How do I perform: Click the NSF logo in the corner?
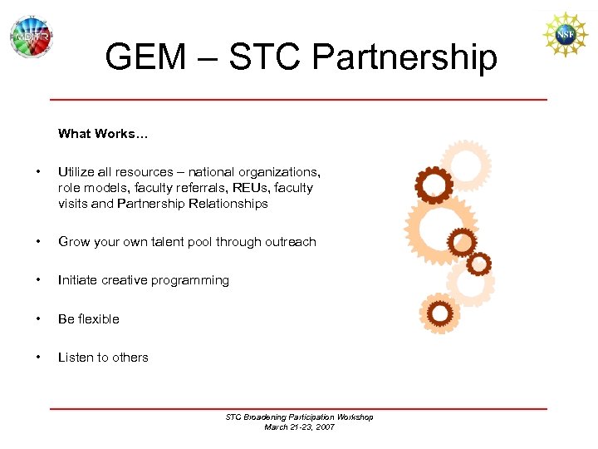(565, 35)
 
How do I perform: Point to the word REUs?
(252, 188)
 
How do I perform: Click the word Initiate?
(78, 280)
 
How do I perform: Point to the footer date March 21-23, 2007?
(299, 427)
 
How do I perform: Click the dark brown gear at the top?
(434, 185)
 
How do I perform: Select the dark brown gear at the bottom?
(441, 313)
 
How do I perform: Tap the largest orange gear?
(440, 223)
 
